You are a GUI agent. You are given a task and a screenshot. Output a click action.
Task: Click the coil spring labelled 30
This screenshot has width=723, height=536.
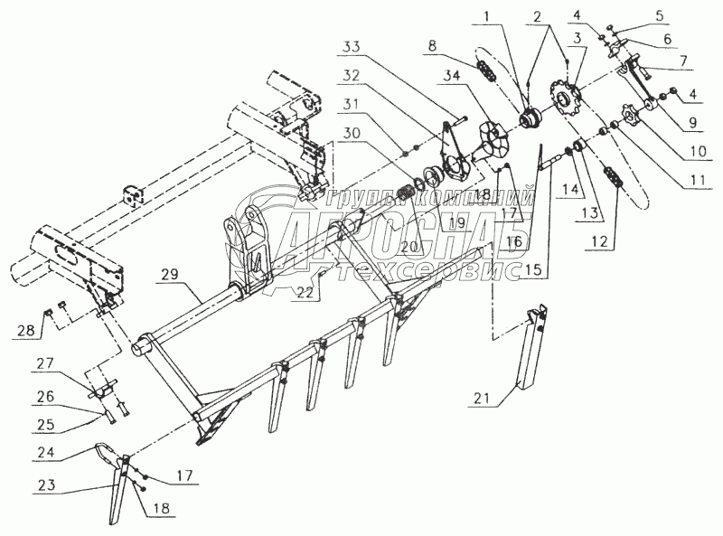pyautogui.click(x=413, y=194)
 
